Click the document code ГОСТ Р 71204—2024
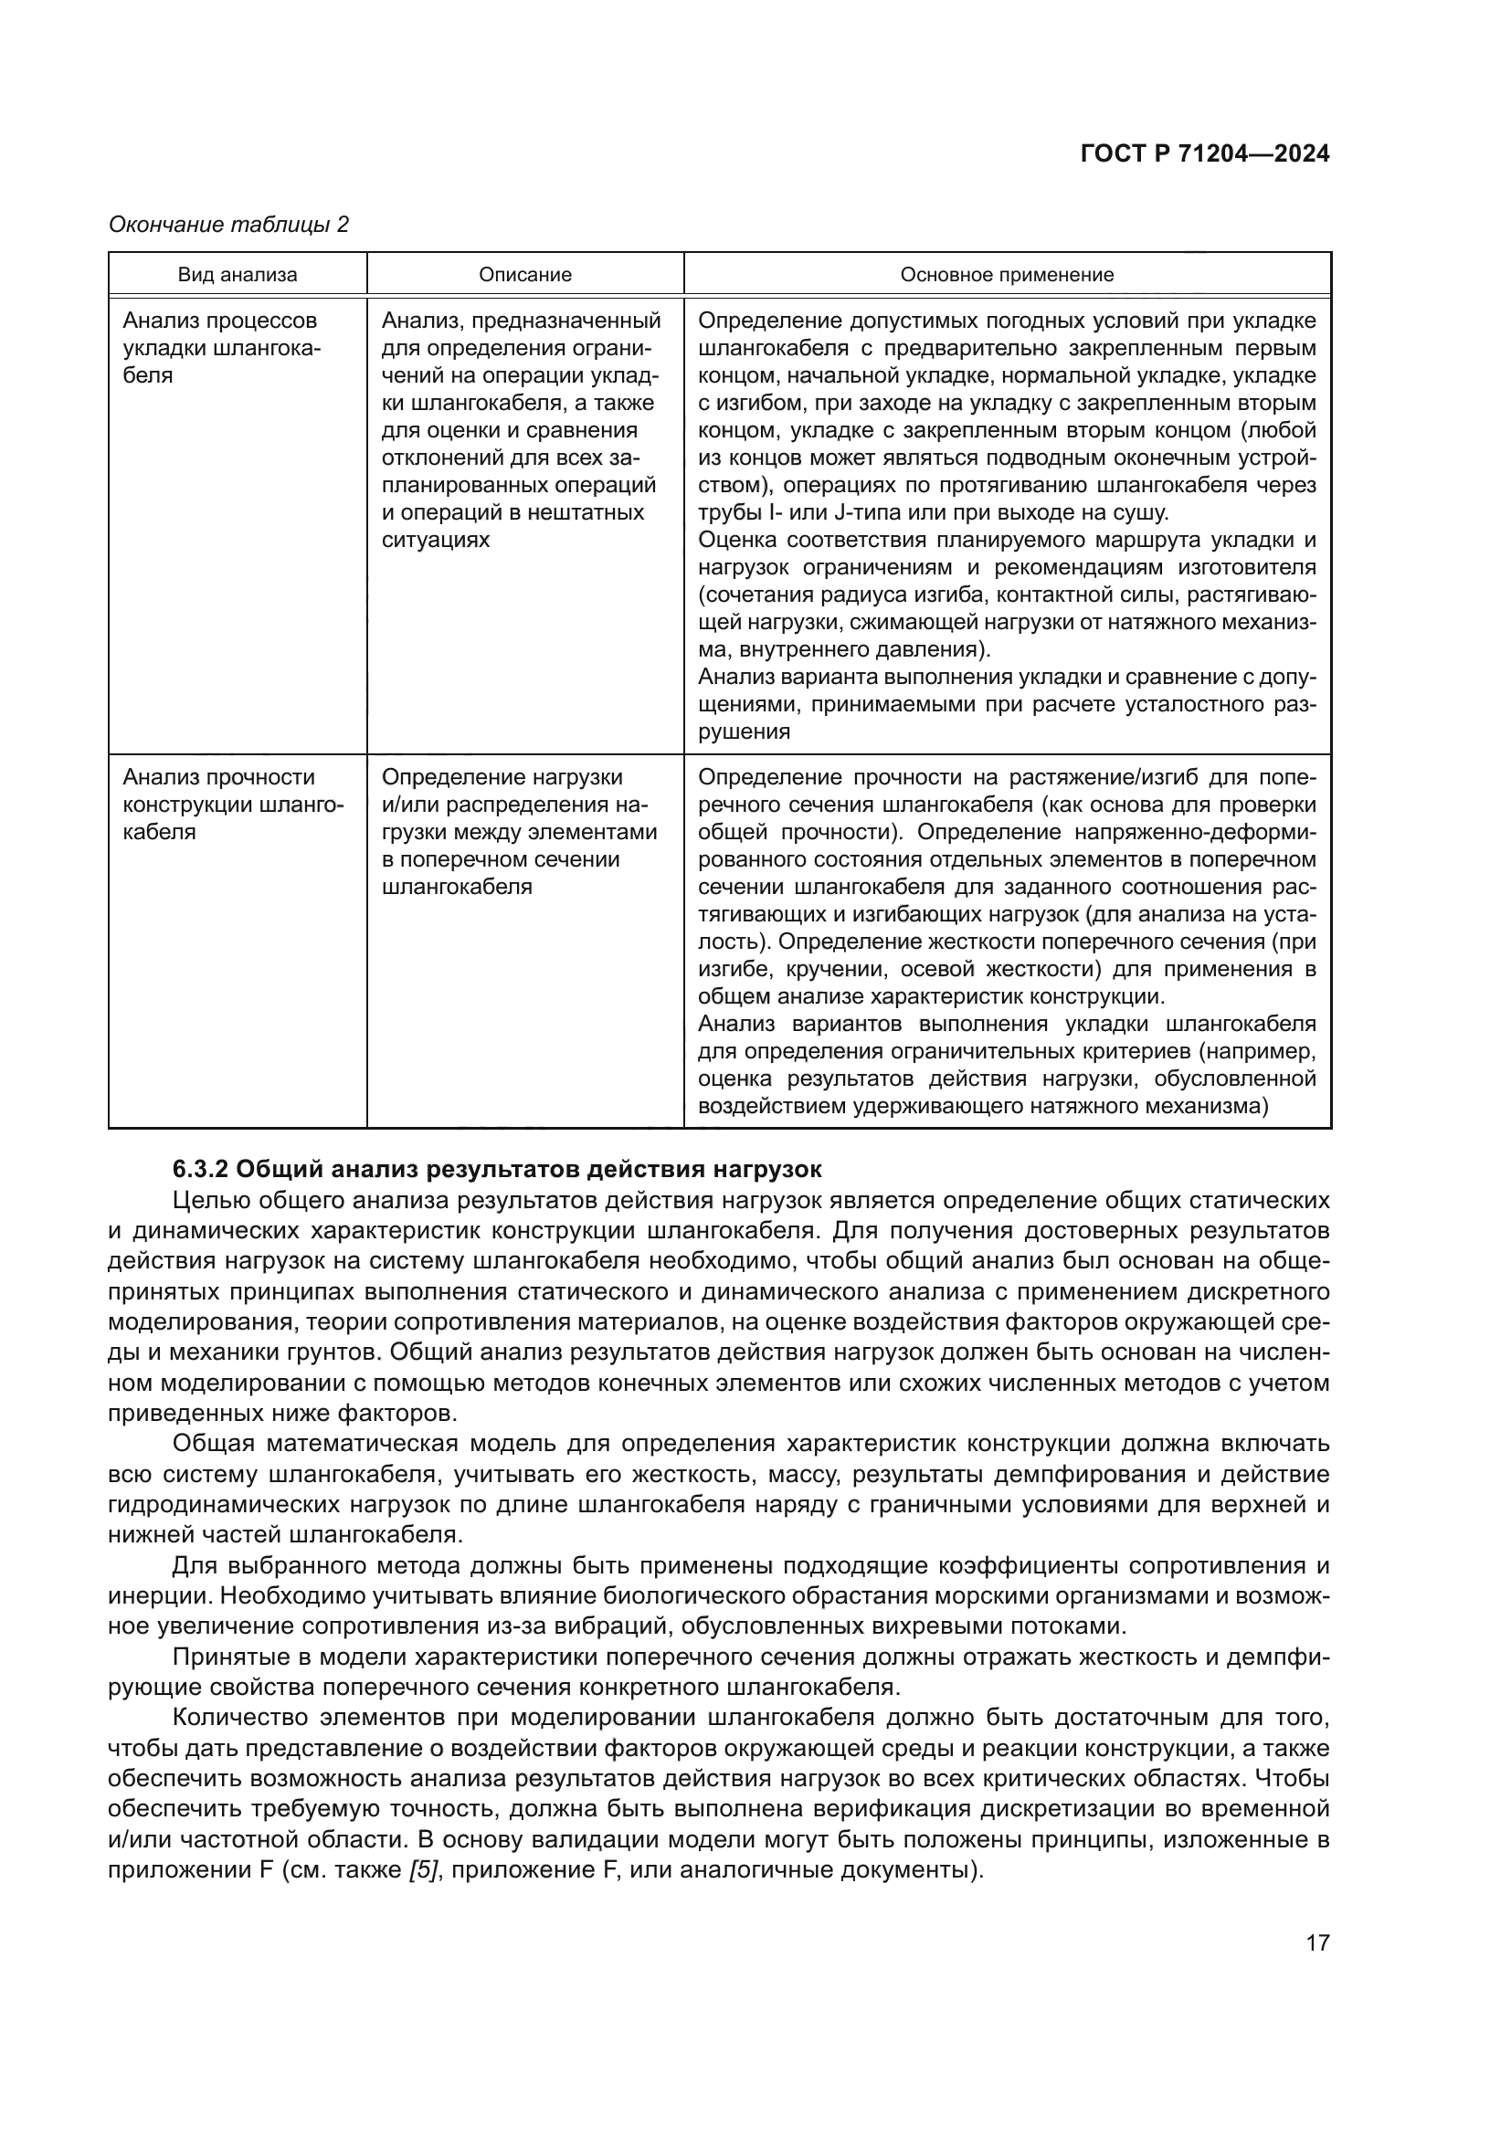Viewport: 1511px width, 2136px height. [1205, 154]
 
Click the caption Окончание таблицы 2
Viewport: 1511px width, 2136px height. [229, 225]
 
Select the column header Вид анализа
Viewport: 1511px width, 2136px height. [238, 275]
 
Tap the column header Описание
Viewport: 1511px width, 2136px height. [524, 275]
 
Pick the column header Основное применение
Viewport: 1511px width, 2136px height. [1007, 275]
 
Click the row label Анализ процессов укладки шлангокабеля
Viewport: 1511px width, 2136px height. [220, 348]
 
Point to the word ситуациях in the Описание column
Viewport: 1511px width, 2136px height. [436, 540]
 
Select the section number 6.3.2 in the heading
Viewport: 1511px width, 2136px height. [200, 1169]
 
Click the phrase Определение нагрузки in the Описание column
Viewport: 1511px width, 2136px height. [502, 777]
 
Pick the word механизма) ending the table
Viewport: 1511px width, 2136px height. [1210, 1106]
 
